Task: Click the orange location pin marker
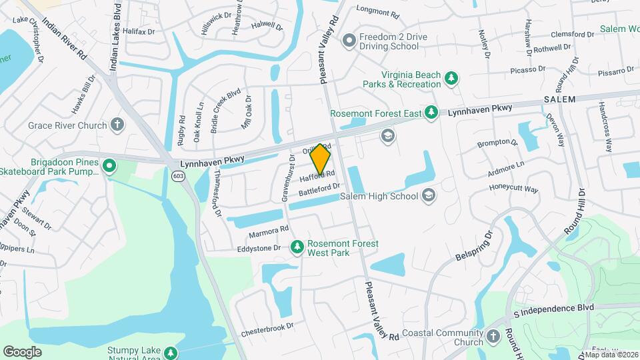click(321, 159)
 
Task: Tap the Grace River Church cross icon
click(117, 125)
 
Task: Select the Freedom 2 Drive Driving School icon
click(348, 41)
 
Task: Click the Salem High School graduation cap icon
click(429, 195)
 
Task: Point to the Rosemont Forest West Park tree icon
click(297, 248)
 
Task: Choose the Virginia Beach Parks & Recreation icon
click(451, 79)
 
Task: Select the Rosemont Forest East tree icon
click(431, 111)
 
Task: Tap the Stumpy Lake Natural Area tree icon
click(171, 352)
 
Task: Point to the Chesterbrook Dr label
click(267, 327)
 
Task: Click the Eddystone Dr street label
click(259, 248)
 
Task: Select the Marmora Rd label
click(268, 230)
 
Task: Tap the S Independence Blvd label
click(553, 308)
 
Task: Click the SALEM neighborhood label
click(559, 99)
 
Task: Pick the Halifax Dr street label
click(139, 31)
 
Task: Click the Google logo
click(22, 351)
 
